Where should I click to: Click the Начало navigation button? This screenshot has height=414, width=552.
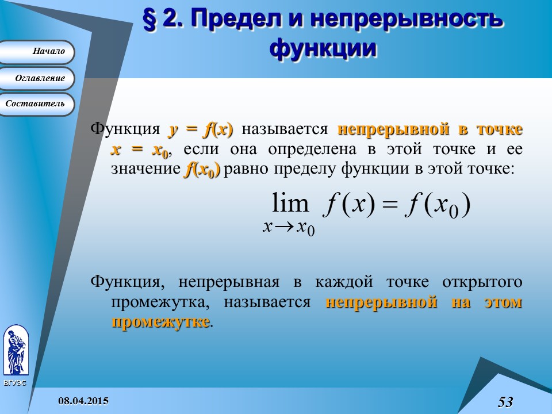37,52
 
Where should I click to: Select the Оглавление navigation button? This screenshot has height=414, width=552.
37,78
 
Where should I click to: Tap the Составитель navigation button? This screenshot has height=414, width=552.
37,104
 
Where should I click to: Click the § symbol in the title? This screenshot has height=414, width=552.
151,21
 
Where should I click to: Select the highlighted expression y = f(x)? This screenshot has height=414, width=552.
200,129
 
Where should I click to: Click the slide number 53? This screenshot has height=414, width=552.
505,401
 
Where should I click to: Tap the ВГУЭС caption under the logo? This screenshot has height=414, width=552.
15,383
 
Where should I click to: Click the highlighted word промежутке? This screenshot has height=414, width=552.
160,321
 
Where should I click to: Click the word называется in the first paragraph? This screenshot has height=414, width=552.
285,129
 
